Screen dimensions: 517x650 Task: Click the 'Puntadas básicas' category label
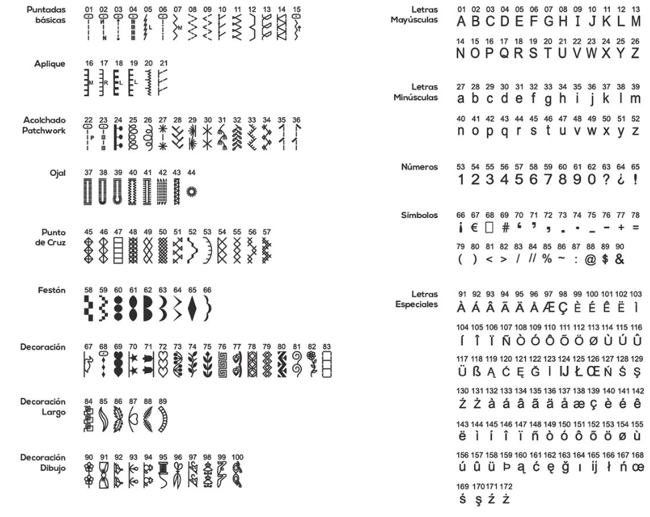coord(47,14)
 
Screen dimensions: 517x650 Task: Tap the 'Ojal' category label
coord(56,173)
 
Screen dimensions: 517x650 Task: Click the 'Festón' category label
coord(52,291)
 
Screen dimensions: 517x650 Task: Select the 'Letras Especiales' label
coord(416,299)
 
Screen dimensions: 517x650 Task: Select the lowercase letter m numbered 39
coord(635,98)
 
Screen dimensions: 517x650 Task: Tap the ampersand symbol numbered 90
coord(620,259)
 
